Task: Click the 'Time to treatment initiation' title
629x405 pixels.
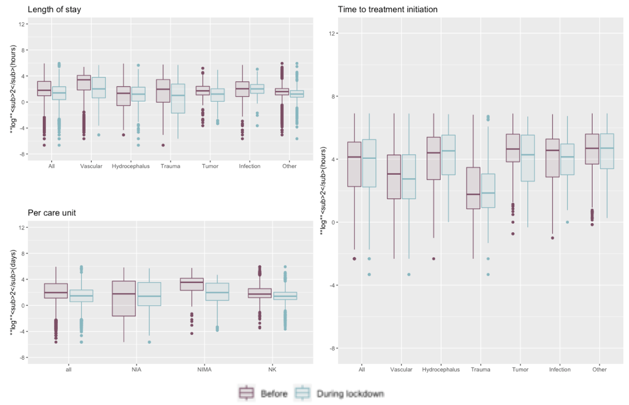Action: [x=387, y=9]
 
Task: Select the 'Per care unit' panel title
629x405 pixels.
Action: [x=52, y=213]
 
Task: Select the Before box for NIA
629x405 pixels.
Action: [x=124, y=298]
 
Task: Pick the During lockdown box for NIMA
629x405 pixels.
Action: [x=217, y=292]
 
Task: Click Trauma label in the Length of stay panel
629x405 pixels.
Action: [x=170, y=166]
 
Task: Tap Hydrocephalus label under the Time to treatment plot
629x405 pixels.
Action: [x=441, y=369]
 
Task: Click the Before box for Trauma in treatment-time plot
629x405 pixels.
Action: [x=473, y=188]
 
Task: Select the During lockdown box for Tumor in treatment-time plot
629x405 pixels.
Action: [x=528, y=158]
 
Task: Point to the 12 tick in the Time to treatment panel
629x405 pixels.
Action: [x=330, y=33]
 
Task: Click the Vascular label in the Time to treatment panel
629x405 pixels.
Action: [x=401, y=369]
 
